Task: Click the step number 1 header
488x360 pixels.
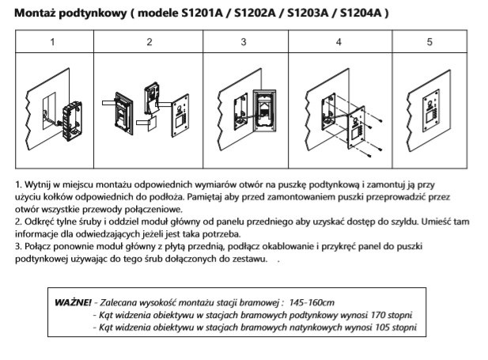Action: [x=52, y=42]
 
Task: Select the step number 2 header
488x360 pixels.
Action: [x=149, y=42]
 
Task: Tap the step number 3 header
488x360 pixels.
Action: [x=244, y=42]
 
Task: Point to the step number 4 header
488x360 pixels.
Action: [x=338, y=42]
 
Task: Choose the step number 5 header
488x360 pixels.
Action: [x=429, y=42]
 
